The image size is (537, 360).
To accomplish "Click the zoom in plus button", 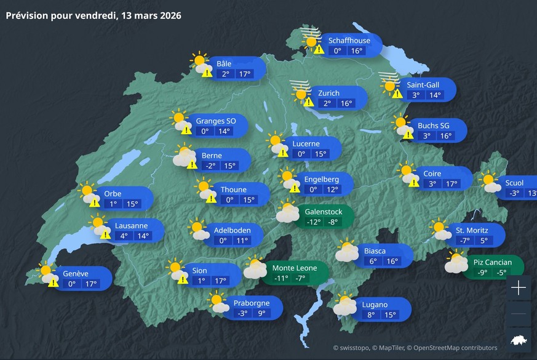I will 519,287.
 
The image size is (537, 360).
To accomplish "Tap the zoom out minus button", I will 519,314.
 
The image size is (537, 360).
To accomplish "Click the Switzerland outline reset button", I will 519,340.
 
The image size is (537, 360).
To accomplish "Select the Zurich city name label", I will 328,93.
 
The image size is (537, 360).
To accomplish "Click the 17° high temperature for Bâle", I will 245,74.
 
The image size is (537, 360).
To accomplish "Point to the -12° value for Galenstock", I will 314,222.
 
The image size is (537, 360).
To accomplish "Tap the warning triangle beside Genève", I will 54,282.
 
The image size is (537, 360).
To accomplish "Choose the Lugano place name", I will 375,305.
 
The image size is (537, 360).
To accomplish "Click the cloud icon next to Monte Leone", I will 255,268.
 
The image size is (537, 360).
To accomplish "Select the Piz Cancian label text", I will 492,262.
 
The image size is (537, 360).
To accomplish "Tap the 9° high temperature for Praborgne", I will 262,313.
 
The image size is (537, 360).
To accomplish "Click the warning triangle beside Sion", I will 182,279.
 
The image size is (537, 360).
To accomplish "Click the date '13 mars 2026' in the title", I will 148,15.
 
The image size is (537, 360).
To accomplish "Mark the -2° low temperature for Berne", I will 210,166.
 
